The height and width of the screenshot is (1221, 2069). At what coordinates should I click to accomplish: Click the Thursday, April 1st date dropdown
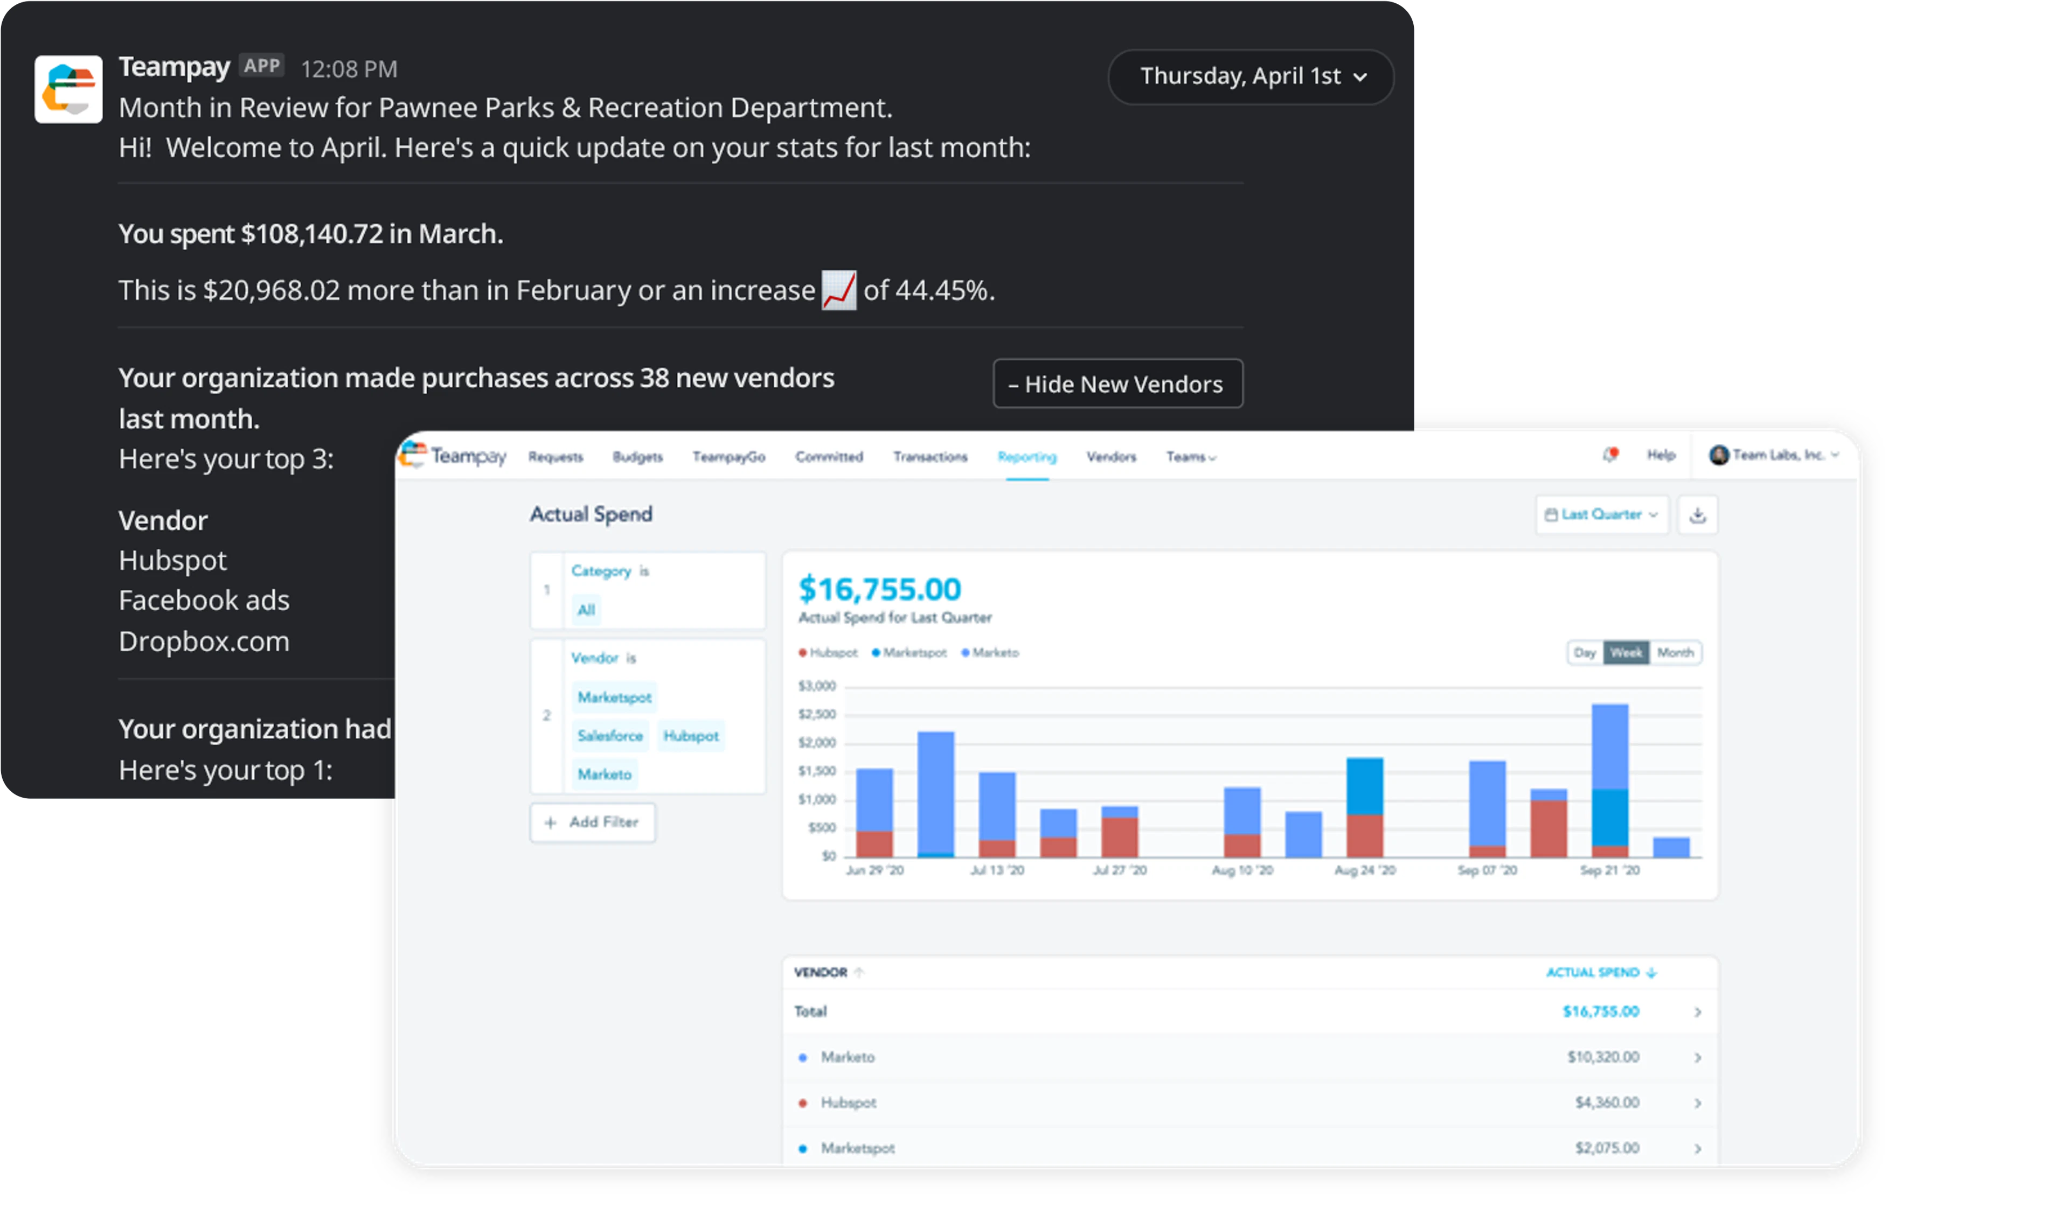[x=1250, y=76]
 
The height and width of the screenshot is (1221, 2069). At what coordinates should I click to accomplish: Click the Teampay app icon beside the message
[x=68, y=89]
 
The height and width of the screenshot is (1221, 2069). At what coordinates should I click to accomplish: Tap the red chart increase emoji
[x=838, y=290]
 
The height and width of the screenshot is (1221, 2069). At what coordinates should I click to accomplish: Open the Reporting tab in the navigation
[x=1026, y=457]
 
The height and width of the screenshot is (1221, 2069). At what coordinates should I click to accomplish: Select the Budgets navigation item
[x=637, y=457]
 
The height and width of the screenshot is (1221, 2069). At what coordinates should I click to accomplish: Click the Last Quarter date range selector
[x=1601, y=514]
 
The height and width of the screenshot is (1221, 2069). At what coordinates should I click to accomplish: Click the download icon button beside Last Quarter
[x=1697, y=515]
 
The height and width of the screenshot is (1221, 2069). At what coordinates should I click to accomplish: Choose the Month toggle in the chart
[x=1675, y=652]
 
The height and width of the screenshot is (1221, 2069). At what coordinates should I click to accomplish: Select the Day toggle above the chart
[x=1584, y=652]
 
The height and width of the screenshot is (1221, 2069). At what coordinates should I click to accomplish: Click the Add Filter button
[x=593, y=822]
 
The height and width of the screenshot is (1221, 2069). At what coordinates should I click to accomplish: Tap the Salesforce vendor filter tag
[x=610, y=736]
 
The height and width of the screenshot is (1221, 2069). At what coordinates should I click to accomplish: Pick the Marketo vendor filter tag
[x=604, y=774]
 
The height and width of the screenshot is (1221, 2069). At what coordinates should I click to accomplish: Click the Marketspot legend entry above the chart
[x=909, y=652]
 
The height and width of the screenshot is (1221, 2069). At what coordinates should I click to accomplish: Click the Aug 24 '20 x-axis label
[x=1365, y=870]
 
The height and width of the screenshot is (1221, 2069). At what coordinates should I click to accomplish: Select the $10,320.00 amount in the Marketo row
[x=1602, y=1056]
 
